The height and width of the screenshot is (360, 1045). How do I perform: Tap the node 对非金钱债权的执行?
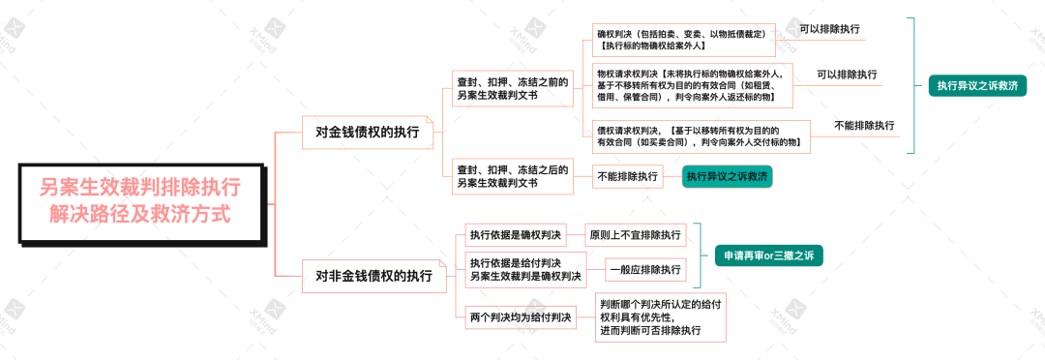click(374, 276)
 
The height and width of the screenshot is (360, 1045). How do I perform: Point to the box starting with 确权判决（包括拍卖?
click(683, 40)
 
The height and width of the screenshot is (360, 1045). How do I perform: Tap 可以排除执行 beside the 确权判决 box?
click(829, 29)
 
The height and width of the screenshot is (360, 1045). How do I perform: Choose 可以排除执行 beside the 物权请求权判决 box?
click(847, 75)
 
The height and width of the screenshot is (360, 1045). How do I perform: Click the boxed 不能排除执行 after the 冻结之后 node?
click(627, 176)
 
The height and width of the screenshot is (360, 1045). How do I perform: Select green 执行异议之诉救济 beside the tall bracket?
click(977, 85)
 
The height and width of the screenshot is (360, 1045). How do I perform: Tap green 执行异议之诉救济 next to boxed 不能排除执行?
click(727, 176)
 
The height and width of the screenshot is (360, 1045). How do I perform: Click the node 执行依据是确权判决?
click(515, 234)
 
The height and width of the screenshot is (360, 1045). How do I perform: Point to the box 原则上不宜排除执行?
click(635, 234)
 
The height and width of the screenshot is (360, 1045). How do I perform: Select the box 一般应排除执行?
click(644, 270)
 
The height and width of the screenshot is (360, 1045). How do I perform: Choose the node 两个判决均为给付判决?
click(521, 316)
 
